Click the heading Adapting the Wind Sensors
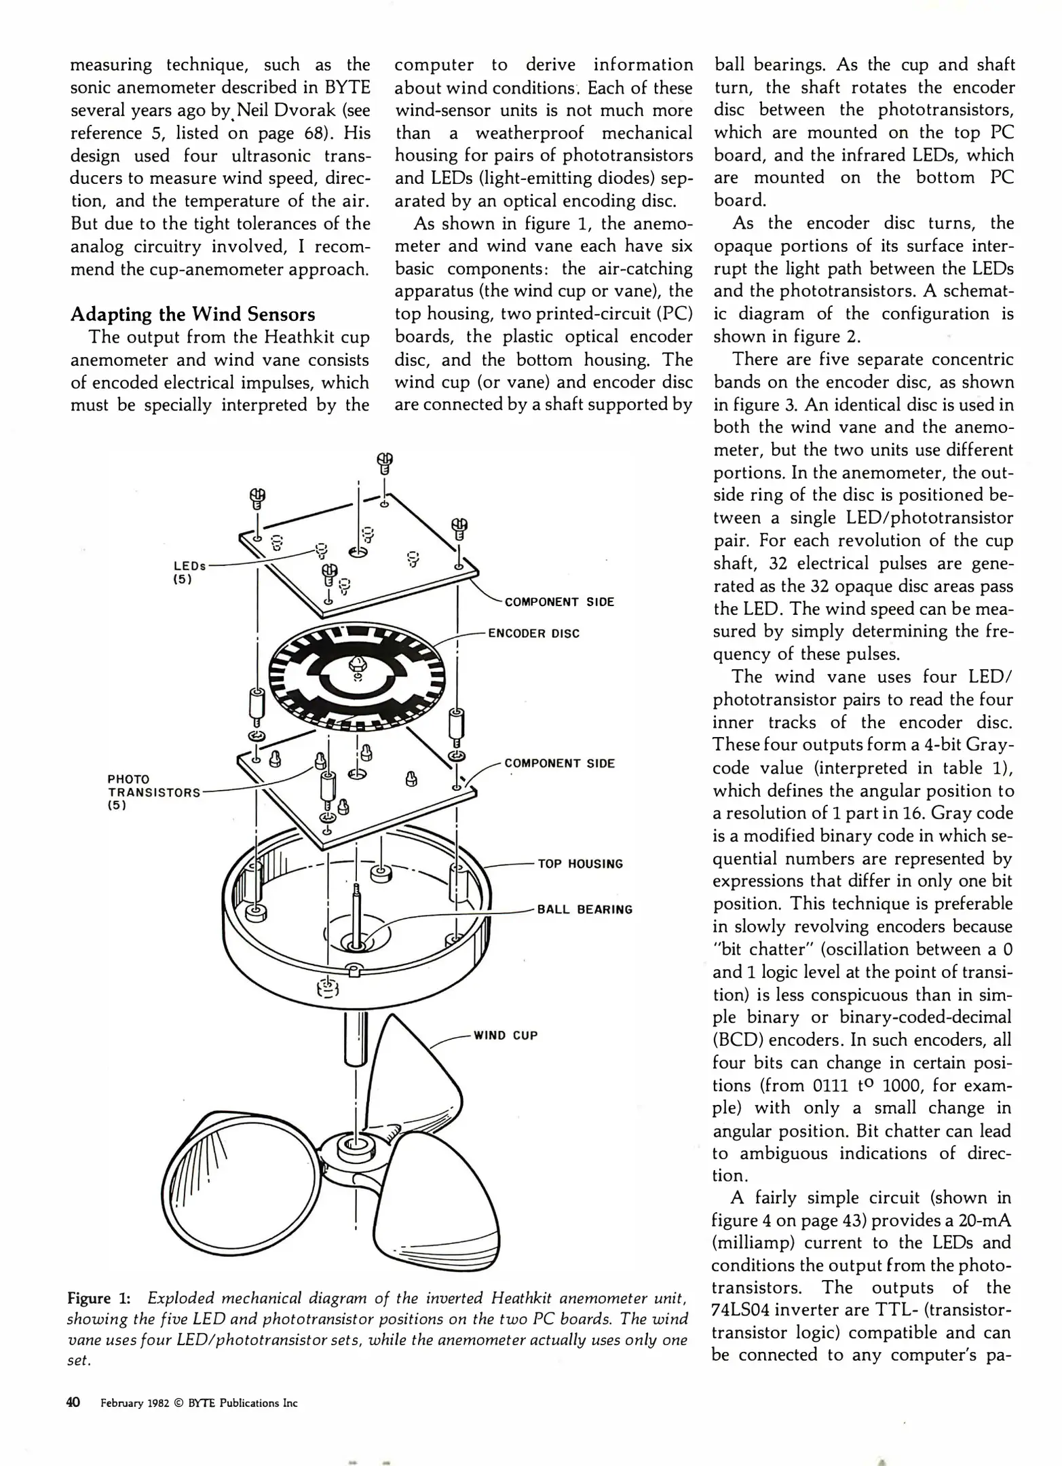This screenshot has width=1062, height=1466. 193,314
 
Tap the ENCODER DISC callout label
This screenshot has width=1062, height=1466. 534,633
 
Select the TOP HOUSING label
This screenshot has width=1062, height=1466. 580,864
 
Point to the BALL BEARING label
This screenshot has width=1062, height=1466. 584,909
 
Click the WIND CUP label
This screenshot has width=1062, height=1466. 505,1036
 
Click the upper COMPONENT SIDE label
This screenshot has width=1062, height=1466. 559,602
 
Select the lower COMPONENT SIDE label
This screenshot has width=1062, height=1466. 559,763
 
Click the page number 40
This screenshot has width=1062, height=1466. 74,1402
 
